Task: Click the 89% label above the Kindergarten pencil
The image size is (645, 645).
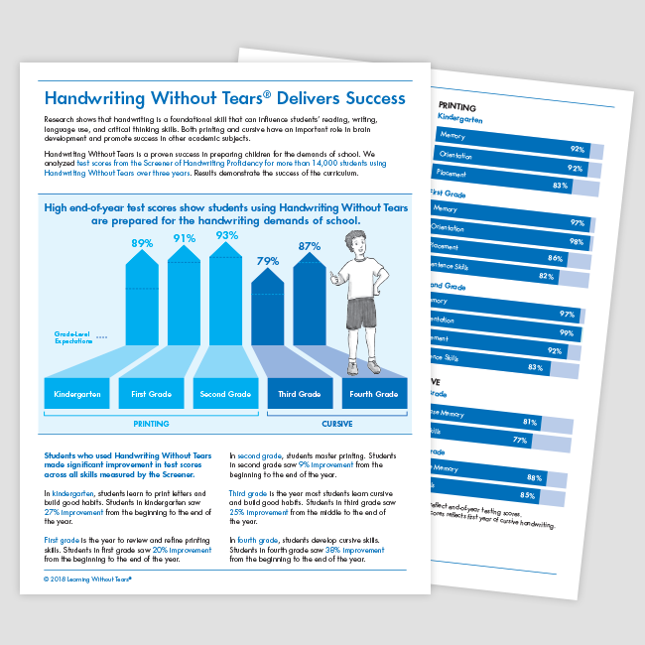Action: (x=141, y=244)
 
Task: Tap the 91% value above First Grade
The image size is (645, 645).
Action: (x=184, y=238)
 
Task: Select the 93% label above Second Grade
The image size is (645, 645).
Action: (x=227, y=235)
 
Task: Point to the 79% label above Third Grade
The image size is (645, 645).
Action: (x=267, y=262)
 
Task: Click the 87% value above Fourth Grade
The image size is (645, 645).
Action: (x=309, y=246)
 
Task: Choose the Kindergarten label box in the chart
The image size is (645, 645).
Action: (x=78, y=394)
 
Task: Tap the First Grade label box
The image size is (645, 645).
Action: (x=153, y=394)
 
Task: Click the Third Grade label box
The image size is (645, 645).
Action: (x=300, y=394)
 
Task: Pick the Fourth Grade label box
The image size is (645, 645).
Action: (x=373, y=394)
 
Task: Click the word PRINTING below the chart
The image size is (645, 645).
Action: (x=152, y=423)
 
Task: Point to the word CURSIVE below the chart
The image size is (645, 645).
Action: (x=336, y=423)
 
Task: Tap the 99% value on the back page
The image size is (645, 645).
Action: (x=565, y=333)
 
